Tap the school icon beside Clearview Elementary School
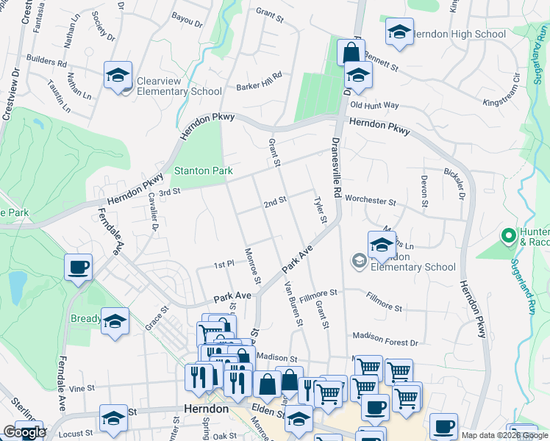click(118, 76)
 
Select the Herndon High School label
click(459, 34)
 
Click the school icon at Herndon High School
click(399, 32)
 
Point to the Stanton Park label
click(203, 171)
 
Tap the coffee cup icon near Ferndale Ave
click(78, 268)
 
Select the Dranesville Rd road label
click(337, 166)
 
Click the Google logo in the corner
click(24, 432)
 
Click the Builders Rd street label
click(47, 63)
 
